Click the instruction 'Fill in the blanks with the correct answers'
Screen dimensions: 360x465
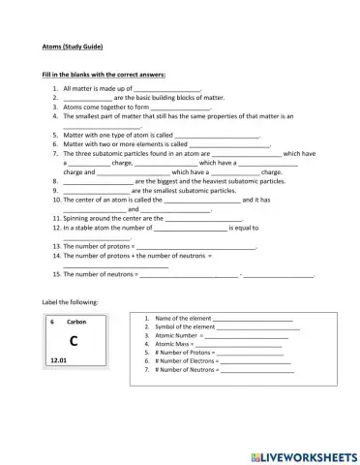point(104,75)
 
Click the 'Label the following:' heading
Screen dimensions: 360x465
point(71,301)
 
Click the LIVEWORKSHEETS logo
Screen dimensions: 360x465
point(303,455)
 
